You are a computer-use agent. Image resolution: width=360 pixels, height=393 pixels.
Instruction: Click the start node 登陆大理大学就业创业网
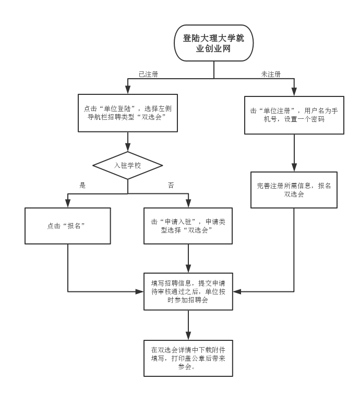(x=213, y=44)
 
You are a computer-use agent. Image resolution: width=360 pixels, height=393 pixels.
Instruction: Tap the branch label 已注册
(x=148, y=74)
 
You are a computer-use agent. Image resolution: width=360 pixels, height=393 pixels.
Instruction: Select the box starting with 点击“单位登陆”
(x=128, y=113)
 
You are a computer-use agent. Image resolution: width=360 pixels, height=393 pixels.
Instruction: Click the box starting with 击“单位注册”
(x=294, y=115)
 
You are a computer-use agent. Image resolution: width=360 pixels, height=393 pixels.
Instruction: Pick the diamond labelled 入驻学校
(x=128, y=166)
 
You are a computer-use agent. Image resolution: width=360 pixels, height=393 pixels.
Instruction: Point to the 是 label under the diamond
(x=82, y=185)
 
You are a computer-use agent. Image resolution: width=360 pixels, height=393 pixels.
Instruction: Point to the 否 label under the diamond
(x=171, y=185)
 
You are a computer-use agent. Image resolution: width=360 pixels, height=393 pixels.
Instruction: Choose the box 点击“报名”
(x=68, y=226)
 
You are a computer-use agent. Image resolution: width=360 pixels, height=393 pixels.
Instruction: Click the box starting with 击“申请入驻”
(x=188, y=226)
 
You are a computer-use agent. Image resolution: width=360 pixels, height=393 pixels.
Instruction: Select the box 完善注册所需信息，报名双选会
(x=294, y=190)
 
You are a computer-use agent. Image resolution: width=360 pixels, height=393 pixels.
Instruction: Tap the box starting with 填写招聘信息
(x=188, y=292)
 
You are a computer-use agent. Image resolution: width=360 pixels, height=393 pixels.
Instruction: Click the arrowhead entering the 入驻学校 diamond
(x=128, y=149)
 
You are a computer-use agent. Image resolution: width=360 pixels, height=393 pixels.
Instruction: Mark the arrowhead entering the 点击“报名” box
(x=68, y=204)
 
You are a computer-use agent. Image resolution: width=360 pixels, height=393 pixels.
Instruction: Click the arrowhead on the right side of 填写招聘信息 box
(x=235, y=292)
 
